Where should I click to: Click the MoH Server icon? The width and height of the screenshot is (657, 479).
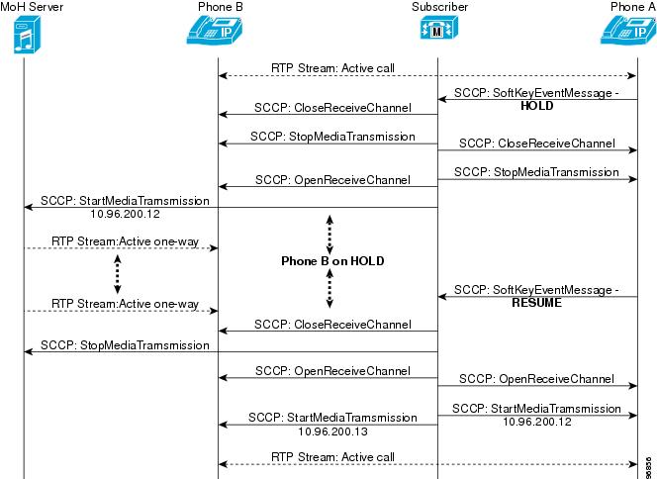point(27,35)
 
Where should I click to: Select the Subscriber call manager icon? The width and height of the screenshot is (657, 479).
point(438,28)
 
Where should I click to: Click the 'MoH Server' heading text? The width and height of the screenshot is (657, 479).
point(32,7)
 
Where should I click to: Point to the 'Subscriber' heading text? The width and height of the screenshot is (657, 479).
point(439,7)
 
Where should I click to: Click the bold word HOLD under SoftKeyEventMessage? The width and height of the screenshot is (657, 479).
point(536,106)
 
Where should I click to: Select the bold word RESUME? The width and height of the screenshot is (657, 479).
point(536,303)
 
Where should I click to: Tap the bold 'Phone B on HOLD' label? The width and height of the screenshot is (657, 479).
point(332,261)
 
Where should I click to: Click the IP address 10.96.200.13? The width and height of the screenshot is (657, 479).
point(332,431)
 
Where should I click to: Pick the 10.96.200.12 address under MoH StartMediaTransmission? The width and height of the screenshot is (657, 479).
point(125,214)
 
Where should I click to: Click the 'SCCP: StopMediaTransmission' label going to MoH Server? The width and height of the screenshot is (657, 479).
point(125,345)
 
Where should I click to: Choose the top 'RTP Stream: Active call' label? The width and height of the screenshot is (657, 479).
point(332,68)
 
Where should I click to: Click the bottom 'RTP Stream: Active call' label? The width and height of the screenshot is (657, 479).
point(332,457)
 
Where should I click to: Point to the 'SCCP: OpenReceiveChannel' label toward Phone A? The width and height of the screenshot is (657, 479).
point(536,379)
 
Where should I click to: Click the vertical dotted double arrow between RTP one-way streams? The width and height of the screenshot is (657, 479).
point(118,274)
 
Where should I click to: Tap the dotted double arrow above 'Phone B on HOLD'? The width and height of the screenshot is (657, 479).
point(329,235)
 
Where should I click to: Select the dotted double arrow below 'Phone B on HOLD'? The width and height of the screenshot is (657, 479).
point(329,288)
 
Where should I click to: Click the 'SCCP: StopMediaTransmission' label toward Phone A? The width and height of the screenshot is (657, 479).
point(536,172)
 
